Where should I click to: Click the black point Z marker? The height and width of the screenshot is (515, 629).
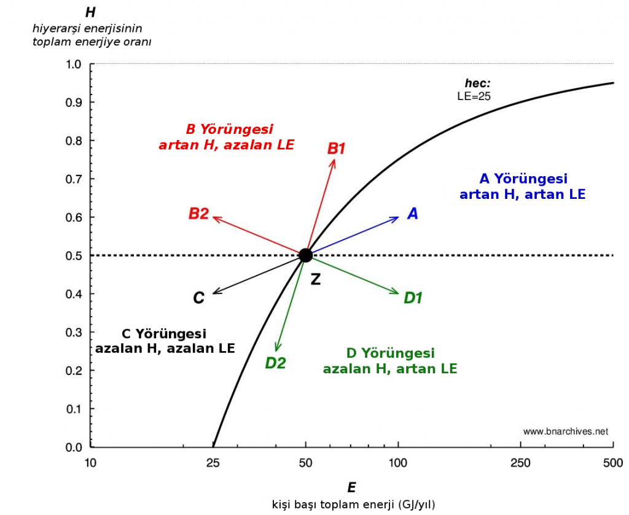pyautogui.click(x=305, y=255)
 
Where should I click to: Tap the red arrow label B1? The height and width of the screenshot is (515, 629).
pyautogui.click(x=337, y=148)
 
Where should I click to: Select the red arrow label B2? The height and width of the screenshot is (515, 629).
pyautogui.click(x=198, y=214)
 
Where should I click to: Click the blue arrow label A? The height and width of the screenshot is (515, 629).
pyautogui.click(x=413, y=214)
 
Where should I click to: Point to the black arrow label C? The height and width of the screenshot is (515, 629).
pyautogui.click(x=198, y=298)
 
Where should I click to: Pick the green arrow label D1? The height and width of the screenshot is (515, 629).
pyautogui.click(x=413, y=298)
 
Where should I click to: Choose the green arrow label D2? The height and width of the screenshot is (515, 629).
pyautogui.click(x=275, y=363)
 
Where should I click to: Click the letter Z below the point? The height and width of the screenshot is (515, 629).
pyautogui.click(x=315, y=279)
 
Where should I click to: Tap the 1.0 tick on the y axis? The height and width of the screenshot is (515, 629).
pyautogui.click(x=74, y=64)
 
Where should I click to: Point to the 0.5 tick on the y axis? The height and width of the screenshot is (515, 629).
pyautogui.click(x=74, y=255)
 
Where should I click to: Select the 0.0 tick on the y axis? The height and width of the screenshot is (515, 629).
pyautogui.click(x=74, y=447)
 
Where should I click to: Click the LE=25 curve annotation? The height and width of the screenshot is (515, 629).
pyautogui.click(x=474, y=96)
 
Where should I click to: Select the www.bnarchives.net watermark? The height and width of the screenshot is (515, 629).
pyautogui.click(x=565, y=431)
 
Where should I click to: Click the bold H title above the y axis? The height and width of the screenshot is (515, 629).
pyautogui.click(x=90, y=12)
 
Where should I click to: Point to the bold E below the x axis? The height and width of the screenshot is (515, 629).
pyautogui.click(x=351, y=488)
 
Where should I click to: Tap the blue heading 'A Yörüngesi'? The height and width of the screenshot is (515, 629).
pyautogui.click(x=523, y=179)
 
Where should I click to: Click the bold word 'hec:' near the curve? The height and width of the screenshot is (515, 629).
pyautogui.click(x=477, y=83)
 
